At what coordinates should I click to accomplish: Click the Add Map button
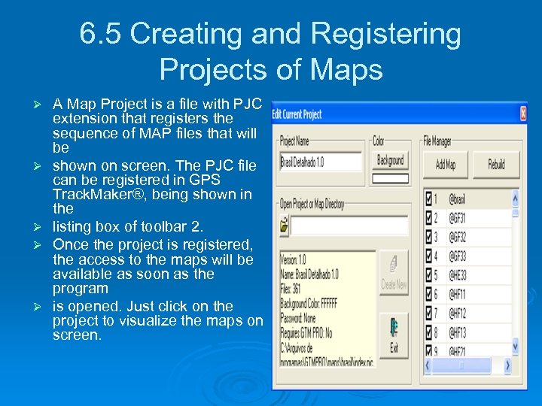click(x=446, y=165)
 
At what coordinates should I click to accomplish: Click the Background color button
click(x=390, y=160)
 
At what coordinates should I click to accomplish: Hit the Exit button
click(x=394, y=336)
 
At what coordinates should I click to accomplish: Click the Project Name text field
click(x=321, y=161)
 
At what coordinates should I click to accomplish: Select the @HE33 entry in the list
click(x=458, y=276)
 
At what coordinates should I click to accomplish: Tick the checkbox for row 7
click(x=429, y=313)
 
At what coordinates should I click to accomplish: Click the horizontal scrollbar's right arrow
click(x=507, y=365)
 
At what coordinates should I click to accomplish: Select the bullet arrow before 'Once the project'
click(x=43, y=245)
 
